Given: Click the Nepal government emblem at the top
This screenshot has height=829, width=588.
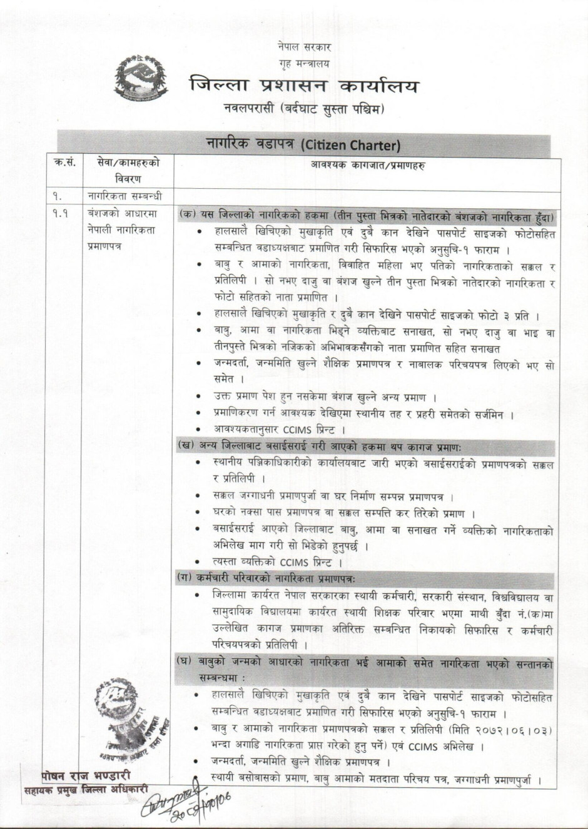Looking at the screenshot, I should [x=141, y=78].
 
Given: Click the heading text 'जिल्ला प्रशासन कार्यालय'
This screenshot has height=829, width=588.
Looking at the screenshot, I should [x=303, y=86].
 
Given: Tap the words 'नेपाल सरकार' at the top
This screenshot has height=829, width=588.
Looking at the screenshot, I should [x=305, y=47].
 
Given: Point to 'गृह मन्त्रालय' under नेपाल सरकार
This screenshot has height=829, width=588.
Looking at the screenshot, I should [x=304, y=63].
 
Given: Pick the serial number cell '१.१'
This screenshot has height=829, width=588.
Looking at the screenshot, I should [x=61, y=213].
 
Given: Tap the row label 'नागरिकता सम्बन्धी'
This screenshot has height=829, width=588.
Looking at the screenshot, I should [x=124, y=196].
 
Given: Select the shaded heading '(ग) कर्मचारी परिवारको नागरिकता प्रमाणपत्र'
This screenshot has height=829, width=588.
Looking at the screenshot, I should [x=266, y=579].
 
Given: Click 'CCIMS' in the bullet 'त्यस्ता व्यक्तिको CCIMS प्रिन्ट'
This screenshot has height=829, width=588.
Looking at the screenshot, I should [x=298, y=562].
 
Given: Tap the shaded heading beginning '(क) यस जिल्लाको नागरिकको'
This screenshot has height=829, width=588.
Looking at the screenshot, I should [x=366, y=214].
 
